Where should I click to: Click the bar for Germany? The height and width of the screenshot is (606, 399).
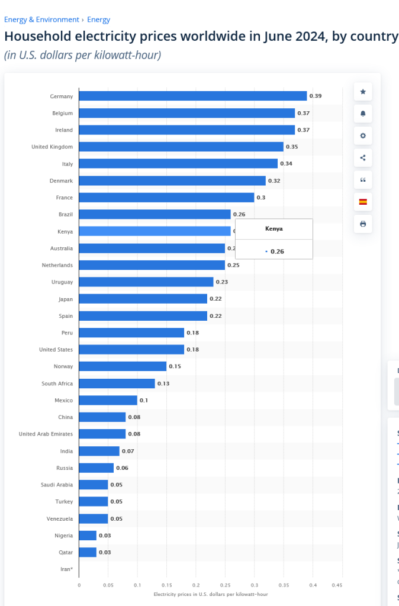(x=192, y=96)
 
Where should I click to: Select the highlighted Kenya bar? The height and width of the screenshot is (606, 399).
(x=155, y=231)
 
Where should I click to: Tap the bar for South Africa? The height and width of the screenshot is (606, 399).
(x=117, y=383)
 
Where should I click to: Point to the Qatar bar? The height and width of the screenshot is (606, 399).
(x=88, y=552)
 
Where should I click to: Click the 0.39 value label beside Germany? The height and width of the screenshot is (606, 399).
(x=316, y=96)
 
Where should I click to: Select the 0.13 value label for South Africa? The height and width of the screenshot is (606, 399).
(x=163, y=383)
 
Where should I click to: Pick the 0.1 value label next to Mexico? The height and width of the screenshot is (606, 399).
(x=143, y=400)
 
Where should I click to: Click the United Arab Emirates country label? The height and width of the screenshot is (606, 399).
(x=46, y=434)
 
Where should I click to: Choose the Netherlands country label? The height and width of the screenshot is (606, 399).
(x=57, y=265)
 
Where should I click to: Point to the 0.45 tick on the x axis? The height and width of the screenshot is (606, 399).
(x=337, y=585)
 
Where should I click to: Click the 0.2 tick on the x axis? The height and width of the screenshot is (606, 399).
(x=196, y=585)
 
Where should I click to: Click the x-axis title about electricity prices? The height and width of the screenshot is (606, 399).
(x=210, y=593)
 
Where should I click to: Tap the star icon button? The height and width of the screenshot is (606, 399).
(x=363, y=92)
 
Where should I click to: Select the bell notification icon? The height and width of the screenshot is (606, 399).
(x=363, y=114)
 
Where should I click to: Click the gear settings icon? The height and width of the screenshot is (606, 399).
(x=363, y=136)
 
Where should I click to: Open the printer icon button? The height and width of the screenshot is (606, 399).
(x=363, y=224)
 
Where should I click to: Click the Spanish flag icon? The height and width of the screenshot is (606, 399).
(x=363, y=202)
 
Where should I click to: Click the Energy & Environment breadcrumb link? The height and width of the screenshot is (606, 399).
(x=41, y=20)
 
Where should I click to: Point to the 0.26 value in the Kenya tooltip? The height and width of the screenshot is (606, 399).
(x=277, y=252)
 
